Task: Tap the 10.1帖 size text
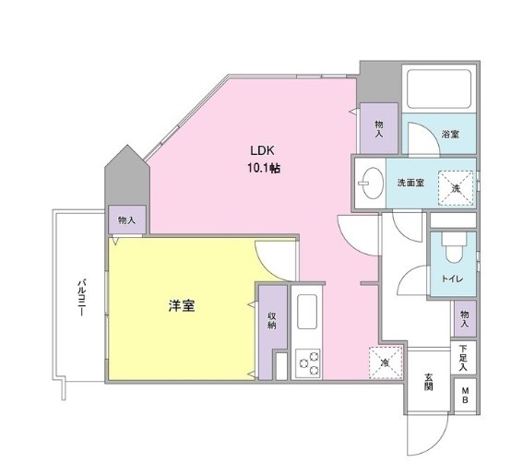(263, 168)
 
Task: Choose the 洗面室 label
(410, 182)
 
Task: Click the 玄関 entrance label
(431, 382)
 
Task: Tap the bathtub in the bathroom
(439, 88)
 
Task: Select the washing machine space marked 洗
(454, 187)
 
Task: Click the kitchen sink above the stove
(307, 310)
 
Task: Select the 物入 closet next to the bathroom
(379, 128)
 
